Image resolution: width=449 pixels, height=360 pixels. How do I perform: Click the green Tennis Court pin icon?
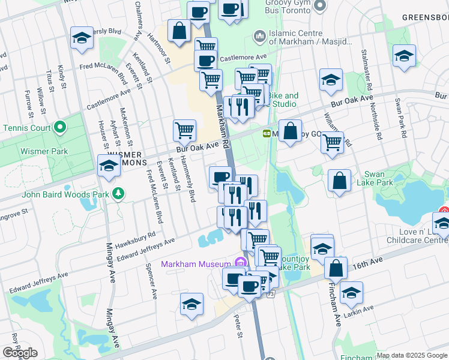(59, 128)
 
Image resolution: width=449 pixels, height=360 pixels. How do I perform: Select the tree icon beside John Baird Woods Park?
(119, 193)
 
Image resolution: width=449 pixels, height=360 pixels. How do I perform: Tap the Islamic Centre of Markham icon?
(260, 37)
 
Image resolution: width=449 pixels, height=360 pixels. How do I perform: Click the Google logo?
(20, 353)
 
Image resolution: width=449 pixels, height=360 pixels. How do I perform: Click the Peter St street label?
(238, 326)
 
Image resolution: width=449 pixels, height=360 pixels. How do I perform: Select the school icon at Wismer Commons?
(109, 166)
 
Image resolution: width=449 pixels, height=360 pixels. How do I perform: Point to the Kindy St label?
(61, 76)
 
